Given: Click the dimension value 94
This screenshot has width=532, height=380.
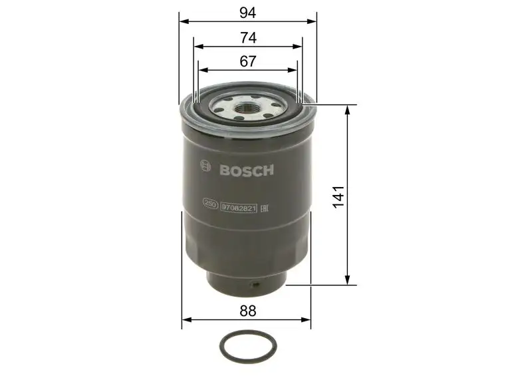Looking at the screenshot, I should click(247, 11).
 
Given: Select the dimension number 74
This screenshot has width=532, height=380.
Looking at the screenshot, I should click(247, 39).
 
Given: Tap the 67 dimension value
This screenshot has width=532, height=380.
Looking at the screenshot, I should click(247, 61).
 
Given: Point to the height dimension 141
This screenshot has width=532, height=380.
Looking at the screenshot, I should click(338, 198).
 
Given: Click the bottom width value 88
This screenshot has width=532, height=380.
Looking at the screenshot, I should click(247, 310).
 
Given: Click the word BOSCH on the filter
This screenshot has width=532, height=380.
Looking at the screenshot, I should click(247, 170).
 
